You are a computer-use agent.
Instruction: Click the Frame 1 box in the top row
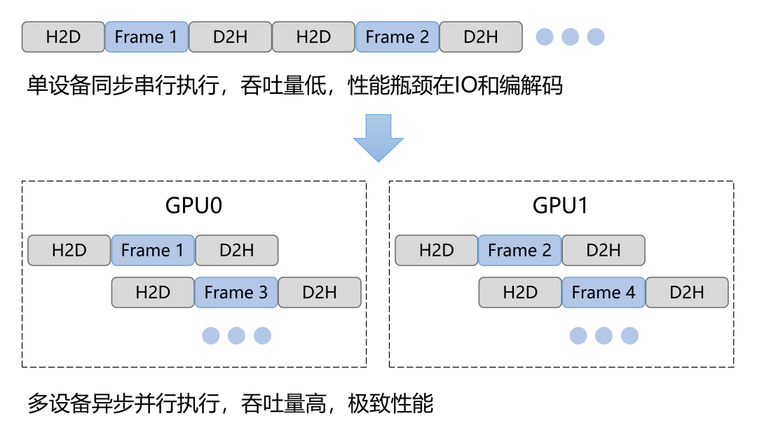click(146, 37)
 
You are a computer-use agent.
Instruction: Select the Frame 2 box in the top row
click(397, 37)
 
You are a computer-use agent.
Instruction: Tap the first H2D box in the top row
click(63, 37)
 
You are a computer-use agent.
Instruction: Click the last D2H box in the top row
click(481, 37)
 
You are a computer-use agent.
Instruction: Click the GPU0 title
click(194, 206)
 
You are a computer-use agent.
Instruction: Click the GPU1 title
click(561, 206)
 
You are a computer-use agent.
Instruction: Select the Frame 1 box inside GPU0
click(153, 251)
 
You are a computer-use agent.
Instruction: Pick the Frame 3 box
click(236, 293)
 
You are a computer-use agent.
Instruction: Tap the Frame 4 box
click(603, 293)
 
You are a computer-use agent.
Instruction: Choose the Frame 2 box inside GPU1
click(520, 251)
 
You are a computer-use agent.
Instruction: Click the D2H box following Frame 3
click(320, 293)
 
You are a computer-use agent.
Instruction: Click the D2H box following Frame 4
click(687, 293)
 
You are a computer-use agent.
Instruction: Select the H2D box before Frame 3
click(153, 293)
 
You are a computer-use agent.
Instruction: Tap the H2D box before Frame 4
click(520, 293)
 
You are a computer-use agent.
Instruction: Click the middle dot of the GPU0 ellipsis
click(236, 335)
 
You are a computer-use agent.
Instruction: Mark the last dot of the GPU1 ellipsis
click(629, 335)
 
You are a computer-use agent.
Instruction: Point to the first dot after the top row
click(545, 37)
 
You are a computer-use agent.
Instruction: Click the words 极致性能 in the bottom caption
click(390, 404)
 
